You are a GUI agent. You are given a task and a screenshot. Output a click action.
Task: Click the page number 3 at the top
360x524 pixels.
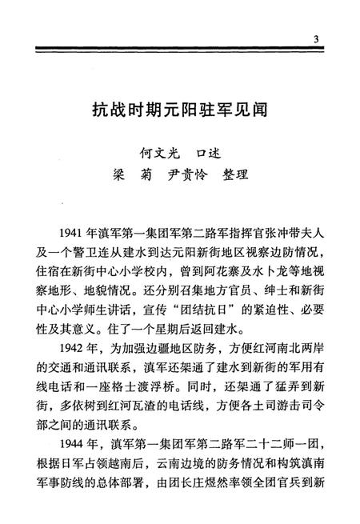[x=317, y=41]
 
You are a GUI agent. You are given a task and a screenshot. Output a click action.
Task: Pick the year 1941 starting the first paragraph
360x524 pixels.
[x=73, y=232]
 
